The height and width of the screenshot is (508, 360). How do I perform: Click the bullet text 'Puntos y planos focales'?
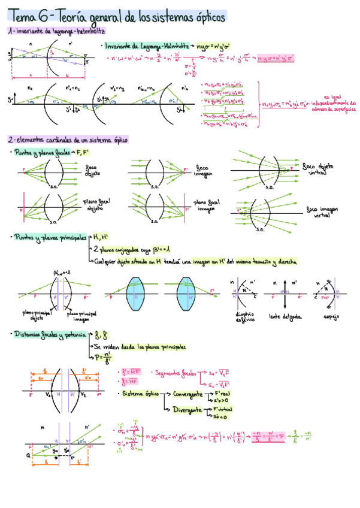(41, 153)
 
